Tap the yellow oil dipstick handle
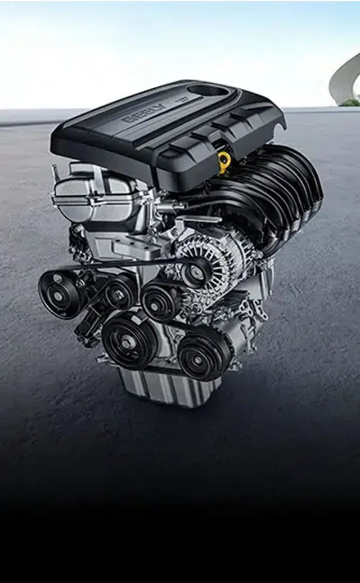224,161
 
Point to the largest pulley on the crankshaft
129,340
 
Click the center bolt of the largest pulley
129,340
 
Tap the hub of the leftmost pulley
59,294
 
